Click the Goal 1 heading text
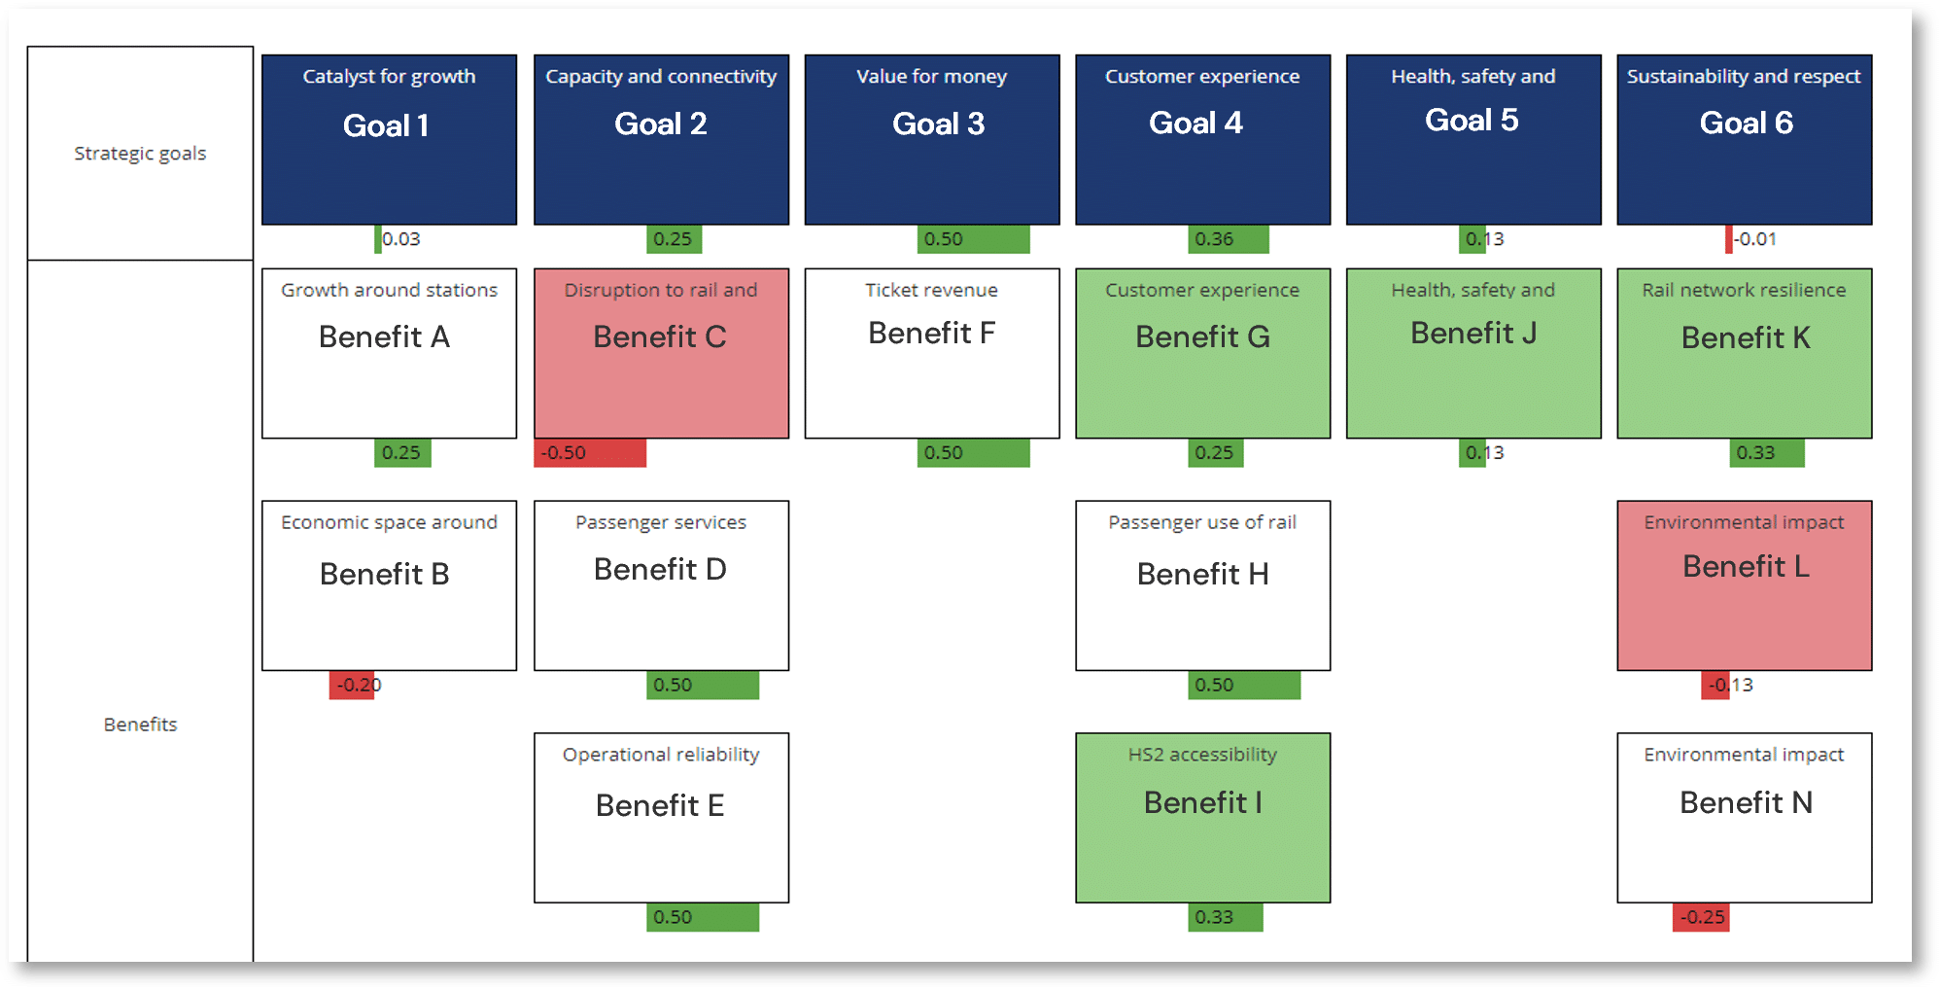tap(386, 125)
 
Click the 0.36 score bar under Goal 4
tap(1229, 239)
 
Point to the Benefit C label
tap(660, 336)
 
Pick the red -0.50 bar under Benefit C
tap(590, 453)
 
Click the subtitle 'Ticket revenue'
tap(932, 290)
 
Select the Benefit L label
tap(1746, 566)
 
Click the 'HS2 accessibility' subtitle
tap(1202, 755)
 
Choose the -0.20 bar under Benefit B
tap(352, 686)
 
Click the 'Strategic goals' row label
tap(140, 154)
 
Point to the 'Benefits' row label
tap(140, 725)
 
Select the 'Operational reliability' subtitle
tap(661, 755)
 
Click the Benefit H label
tap(1202, 574)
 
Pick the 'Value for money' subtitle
tap(931, 77)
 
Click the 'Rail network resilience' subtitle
tap(1744, 290)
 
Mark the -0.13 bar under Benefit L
tap(1715, 686)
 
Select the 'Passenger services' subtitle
tap(661, 522)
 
